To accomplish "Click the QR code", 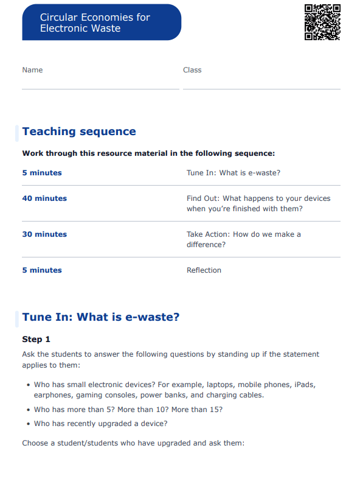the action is click(322, 22).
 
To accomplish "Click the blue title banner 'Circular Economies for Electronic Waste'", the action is click(102, 23).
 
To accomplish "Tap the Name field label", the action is click(32, 70).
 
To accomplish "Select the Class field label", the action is click(192, 70).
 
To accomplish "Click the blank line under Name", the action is click(100, 88).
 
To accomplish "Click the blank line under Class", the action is click(261, 88).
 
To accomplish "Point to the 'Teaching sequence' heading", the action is click(79, 131).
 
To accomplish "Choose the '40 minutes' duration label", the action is click(44, 198).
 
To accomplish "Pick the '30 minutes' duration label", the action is click(44, 234).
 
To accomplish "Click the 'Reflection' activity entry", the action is click(204, 270).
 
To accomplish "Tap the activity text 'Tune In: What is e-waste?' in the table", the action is click(234, 173).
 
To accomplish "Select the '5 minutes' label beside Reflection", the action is click(42, 270).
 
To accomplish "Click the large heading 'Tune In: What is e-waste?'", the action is click(101, 317).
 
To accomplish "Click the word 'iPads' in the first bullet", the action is click(304, 385).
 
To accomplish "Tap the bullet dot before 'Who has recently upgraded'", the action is click(29, 424).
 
